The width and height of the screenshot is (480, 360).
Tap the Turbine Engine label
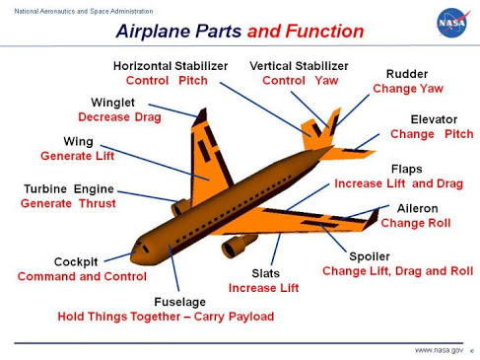click(68, 188)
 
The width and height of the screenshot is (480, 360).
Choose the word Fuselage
click(181, 302)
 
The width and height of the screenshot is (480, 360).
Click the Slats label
click(265, 272)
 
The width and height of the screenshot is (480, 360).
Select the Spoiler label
click(371, 255)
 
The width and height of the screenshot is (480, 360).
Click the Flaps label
click(406, 169)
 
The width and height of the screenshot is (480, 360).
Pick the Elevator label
click(433, 118)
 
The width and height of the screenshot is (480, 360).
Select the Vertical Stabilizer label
click(298, 65)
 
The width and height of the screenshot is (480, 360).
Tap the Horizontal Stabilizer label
click(171, 65)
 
